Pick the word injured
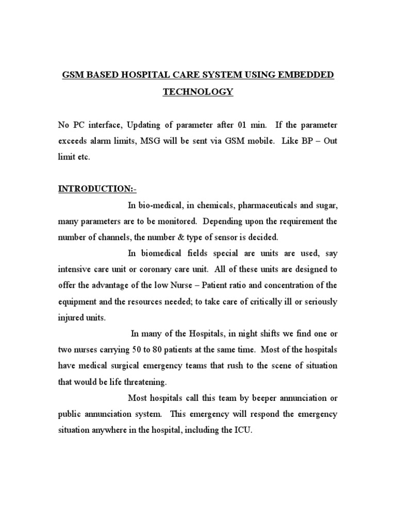71,318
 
